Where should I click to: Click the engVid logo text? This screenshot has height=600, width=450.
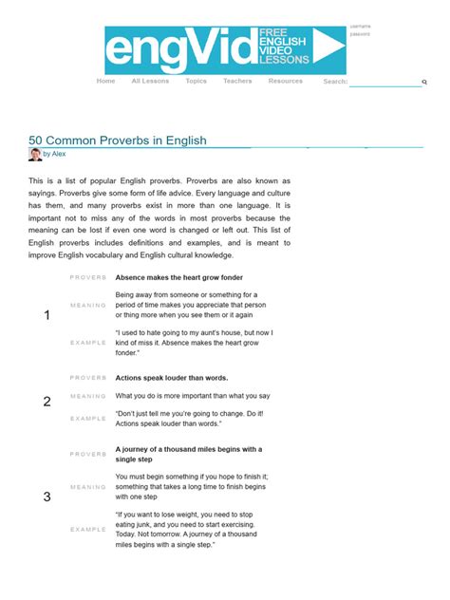click(x=180, y=51)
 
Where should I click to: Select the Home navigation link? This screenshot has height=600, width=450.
click(x=105, y=82)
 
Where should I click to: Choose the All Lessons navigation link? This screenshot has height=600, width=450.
click(x=150, y=82)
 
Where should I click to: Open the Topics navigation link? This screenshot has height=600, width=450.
click(x=196, y=82)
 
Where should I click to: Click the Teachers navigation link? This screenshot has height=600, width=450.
click(x=237, y=82)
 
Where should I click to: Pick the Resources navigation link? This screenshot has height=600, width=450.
click(x=285, y=82)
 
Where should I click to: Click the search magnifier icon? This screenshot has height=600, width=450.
click(x=424, y=83)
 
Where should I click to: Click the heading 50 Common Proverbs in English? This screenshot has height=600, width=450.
click(x=118, y=141)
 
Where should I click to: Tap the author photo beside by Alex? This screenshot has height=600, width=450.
click(x=35, y=154)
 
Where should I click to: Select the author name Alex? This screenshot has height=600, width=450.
click(x=59, y=154)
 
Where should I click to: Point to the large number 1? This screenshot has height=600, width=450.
click(x=47, y=315)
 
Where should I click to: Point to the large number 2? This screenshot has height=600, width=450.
click(x=47, y=402)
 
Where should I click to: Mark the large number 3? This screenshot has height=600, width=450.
click(x=47, y=497)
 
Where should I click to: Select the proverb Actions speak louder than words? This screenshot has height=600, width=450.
click(x=172, y=377)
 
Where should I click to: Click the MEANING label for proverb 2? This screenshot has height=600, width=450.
click(x=88, y=396)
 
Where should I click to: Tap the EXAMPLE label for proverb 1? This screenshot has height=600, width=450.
click(x=88, y=342)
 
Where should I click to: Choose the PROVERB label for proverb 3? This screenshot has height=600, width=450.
click(x=88, y=455)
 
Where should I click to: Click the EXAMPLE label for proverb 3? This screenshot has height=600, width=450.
click(x=88, y=529)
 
